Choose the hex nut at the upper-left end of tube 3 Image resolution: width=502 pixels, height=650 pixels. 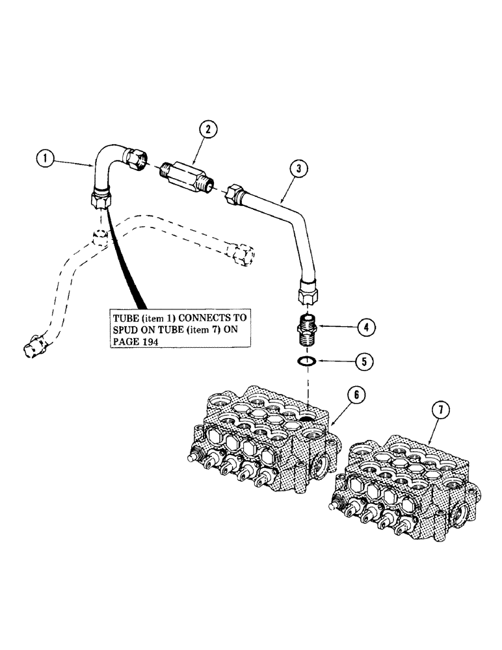pyautogui.click(x=235, y=196)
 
